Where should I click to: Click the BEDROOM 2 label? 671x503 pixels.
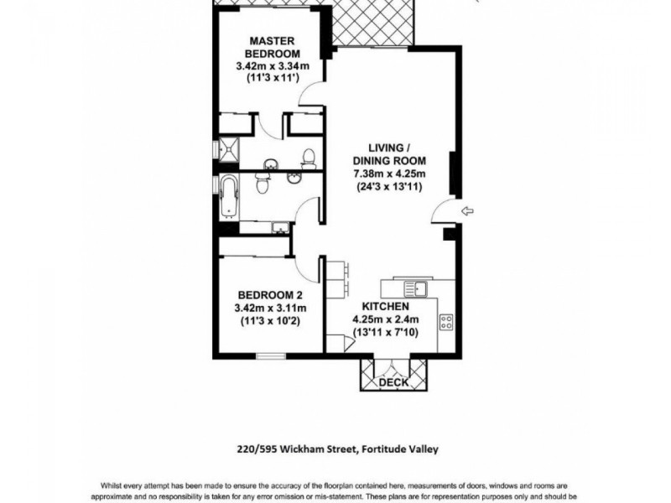(x=269, y=294)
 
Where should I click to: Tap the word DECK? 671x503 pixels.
(x=393, y=382)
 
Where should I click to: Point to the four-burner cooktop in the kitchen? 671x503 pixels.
(x=446, y=321)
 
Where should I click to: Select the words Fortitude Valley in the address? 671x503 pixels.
(x=402, y=449)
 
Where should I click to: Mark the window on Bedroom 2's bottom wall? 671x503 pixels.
(x=270, y=357)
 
